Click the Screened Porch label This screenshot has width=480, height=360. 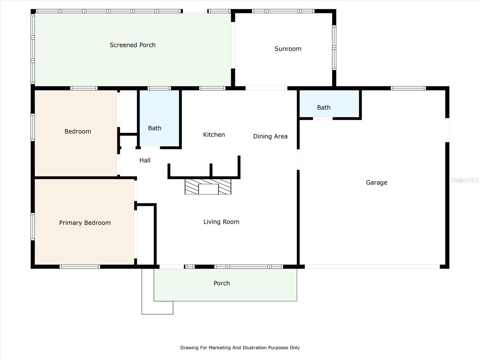pos(133,45)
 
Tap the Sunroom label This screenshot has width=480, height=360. pos(288,49)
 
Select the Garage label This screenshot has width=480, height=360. pos(376,182)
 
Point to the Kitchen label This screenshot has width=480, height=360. pos(214,135)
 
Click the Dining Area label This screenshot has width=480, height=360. pos(270,136)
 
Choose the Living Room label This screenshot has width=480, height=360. pos(221,222)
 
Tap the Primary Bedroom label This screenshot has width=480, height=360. pos(85,223)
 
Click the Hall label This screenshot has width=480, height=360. pos(145,160)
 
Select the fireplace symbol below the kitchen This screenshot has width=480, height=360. pos(208,187)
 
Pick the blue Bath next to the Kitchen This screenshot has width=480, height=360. pos(159,118)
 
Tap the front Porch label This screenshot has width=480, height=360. pos(221,283)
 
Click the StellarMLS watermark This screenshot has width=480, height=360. pos(465,180)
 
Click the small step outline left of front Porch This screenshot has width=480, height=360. pos(157,307)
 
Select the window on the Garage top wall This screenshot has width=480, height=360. pos(408,88)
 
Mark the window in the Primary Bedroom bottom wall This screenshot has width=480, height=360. pos(79,267)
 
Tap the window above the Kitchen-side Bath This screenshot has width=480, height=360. pos(159,88)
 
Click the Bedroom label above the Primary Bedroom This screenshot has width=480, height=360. pos(78,131)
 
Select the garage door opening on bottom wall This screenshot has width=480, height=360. pos(372,267)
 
